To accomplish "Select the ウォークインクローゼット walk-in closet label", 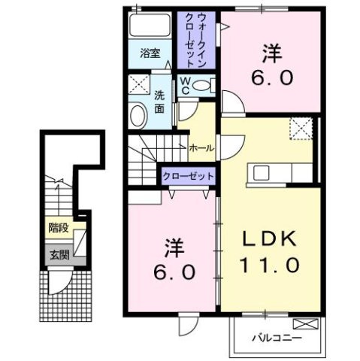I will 195,38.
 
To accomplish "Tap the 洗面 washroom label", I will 159,102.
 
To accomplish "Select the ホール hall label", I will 200,148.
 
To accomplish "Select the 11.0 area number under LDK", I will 270,265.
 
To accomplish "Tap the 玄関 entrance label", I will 57,255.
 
